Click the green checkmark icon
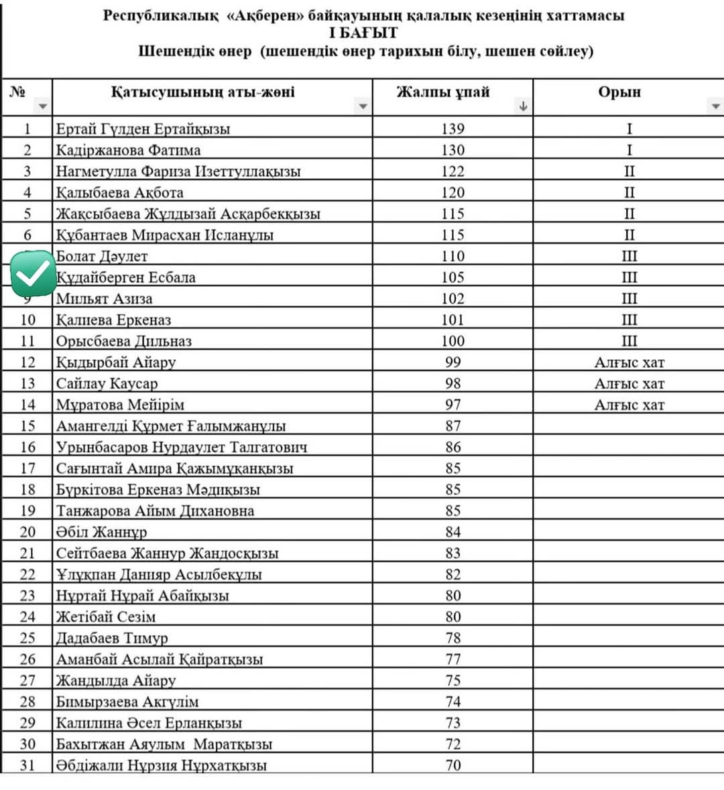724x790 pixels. point(34,273)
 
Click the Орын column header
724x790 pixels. point(619,92)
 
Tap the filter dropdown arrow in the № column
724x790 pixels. point(43,107)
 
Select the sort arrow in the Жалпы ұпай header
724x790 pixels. point(523,106)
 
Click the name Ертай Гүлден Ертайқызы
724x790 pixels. point(143,129)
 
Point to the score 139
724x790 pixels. point(452,129)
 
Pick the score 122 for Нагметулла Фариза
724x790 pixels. point(452,171)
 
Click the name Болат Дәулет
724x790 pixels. point(102,256)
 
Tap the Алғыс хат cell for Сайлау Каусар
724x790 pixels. point(629,383)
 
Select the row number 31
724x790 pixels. point(27,765)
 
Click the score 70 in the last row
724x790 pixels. point(453,765)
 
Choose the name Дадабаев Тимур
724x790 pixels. point(112,638)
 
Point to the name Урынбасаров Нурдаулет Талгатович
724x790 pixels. point(182,447)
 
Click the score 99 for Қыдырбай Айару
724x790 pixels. point(453,362)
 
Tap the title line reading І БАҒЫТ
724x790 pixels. point(363,33)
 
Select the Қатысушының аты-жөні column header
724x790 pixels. point(202,92)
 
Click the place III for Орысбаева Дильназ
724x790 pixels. point(629,341)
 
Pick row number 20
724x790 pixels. point(27,532)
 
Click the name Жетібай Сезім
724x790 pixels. point(106,616)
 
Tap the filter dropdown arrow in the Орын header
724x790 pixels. point(715,106)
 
